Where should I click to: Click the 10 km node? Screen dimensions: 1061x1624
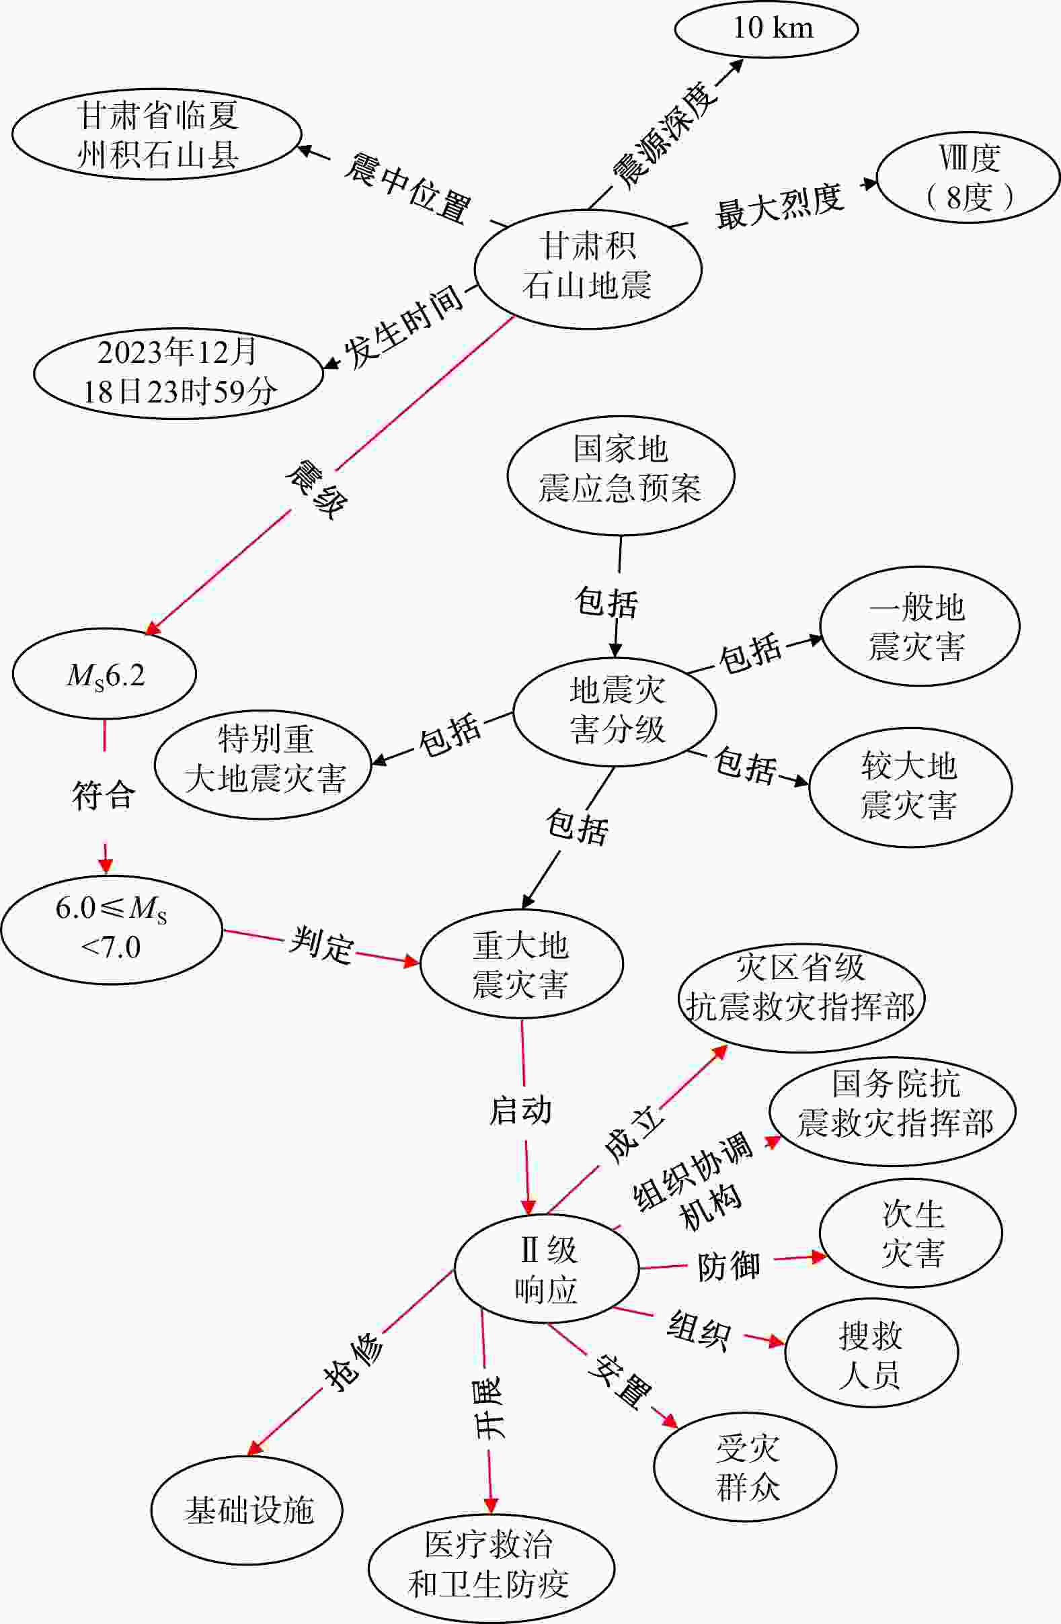pos(766,29)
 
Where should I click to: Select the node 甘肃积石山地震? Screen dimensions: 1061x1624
pos(588,268)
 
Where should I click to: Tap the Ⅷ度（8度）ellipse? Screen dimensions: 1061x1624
pos(968,177)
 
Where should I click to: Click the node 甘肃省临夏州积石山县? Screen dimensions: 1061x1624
pos(157,134)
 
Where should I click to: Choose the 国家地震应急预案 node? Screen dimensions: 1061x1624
pos(621,476)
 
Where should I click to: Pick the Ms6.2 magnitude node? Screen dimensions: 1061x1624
pos(104,673)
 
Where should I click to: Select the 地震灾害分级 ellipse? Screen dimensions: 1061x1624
pos(615,712)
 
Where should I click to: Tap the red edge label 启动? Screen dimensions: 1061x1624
pos(520,1111)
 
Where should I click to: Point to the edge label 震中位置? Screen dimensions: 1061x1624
pos(407,188)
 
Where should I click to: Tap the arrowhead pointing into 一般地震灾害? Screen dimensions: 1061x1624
pos(816,640)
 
